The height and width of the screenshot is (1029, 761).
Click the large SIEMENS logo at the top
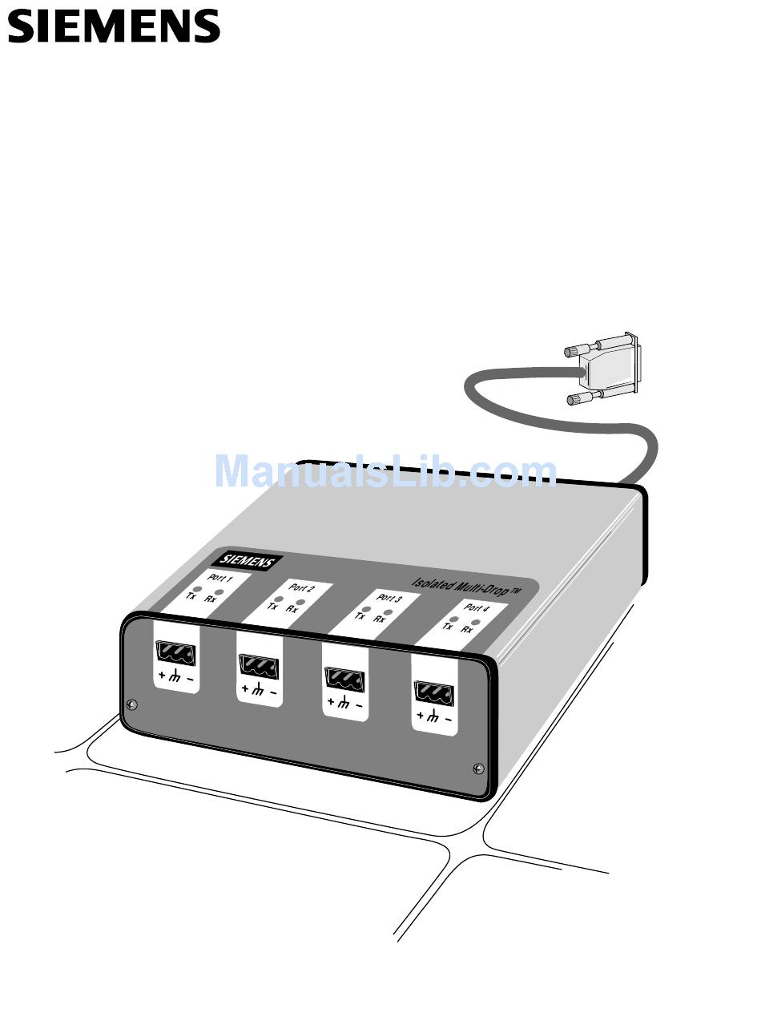tap(113, 26)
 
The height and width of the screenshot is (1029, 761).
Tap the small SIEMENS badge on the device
tap(248, 562)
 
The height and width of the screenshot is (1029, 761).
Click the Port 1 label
tap(219, 578)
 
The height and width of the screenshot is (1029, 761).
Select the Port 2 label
tap(301, 588)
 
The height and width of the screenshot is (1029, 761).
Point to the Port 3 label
tap(389, 599)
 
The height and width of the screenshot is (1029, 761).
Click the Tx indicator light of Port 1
tap(193, 588)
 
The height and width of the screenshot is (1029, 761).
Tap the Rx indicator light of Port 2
tap(300, 601)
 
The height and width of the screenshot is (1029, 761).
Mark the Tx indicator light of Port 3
tap(365, 610)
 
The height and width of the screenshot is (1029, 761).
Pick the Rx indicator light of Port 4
tap(475, 622)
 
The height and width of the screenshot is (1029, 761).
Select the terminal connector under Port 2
tap(260, 666)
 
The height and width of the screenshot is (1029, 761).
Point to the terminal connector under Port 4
tap(433, 692)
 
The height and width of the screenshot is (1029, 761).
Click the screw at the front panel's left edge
tap(132, 704)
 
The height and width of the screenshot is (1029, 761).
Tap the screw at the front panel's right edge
tap(478, 768)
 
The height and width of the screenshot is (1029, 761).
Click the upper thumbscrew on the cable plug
tap(574, 351)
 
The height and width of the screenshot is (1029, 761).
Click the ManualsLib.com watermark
tap(385, 471)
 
